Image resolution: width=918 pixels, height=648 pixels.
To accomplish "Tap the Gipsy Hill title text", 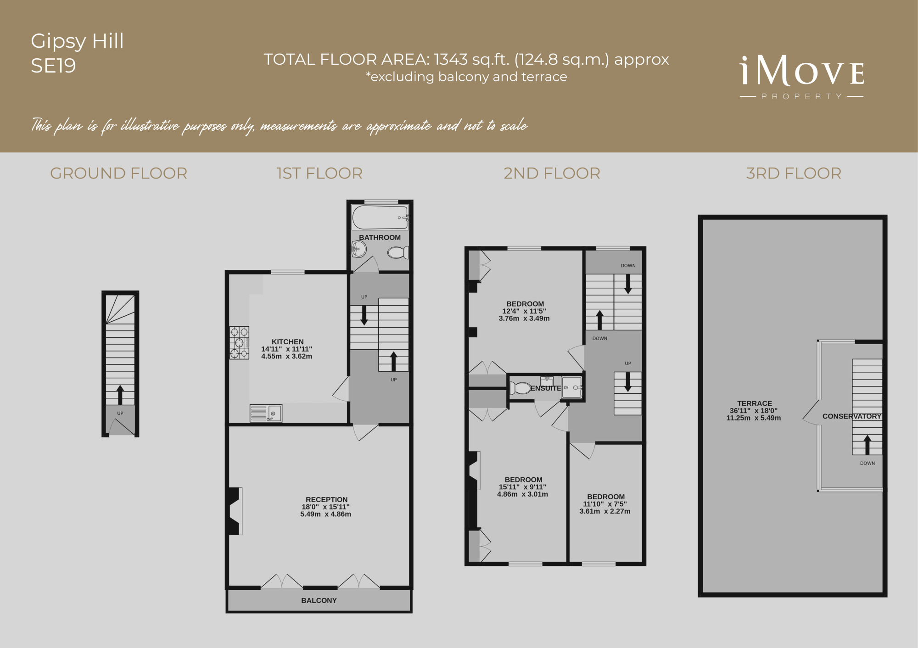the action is tap(77, 41).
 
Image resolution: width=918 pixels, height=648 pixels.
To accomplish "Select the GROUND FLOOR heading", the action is tap(118, 173).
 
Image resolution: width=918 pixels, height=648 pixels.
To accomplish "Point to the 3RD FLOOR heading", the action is tap(794, 173).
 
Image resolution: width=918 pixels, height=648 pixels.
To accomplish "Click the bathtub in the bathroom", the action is tap(380, 217).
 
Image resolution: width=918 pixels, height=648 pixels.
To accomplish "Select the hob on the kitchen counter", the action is tap(239, 342).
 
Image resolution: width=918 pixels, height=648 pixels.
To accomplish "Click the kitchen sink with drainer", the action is tap(266, 413).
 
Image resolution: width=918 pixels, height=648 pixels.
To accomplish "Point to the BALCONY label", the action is tap(319, 600).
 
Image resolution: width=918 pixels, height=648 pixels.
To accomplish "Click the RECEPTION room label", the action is tap(327, 499).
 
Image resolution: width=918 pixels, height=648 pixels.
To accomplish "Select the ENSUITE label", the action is tap(546, 388).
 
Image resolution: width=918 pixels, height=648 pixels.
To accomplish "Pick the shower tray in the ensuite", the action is tap(572, 388).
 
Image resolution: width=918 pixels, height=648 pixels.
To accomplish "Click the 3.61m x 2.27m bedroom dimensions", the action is tap(605, 511).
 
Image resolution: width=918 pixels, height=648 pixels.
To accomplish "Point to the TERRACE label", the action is tap(755, 403).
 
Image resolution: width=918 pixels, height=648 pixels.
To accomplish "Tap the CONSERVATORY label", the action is tap(852, 416).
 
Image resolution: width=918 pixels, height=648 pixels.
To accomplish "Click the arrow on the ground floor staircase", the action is tap(120, 395).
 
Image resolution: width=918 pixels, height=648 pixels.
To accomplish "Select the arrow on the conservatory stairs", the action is tap(867, 445).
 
